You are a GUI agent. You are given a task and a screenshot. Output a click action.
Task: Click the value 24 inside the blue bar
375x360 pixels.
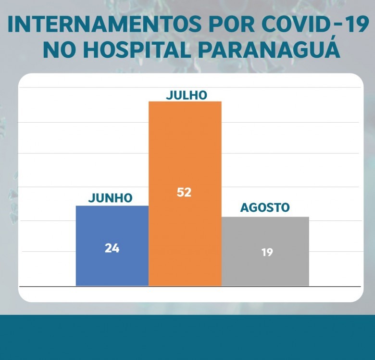112,248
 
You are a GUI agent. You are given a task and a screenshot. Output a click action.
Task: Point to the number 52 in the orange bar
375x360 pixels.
184,192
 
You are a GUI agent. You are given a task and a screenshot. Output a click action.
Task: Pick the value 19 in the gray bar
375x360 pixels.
267,252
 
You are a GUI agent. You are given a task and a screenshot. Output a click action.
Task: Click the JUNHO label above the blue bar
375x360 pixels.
110,197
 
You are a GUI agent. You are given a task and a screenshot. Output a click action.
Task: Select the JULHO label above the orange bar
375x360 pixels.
186,95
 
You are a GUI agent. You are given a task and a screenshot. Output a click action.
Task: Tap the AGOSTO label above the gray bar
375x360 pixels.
265,208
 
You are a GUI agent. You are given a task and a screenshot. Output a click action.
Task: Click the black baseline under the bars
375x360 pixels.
189,286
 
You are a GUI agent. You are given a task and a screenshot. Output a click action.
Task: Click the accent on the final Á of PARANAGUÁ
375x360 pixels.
332,39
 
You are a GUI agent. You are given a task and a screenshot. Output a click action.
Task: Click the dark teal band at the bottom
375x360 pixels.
187,337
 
